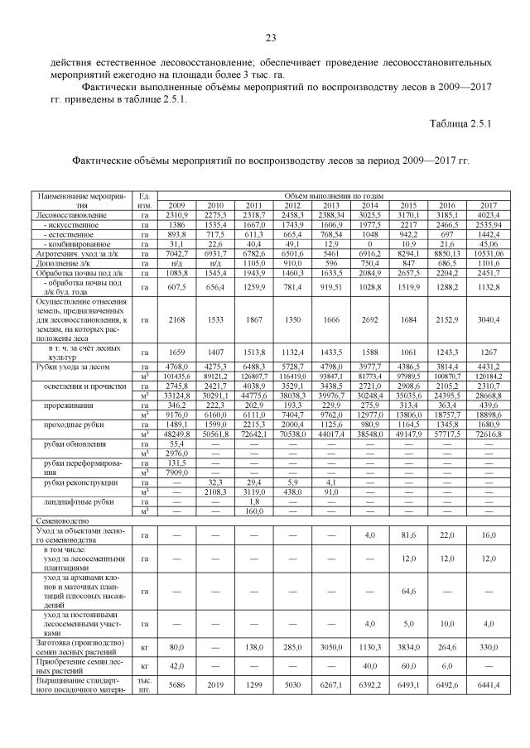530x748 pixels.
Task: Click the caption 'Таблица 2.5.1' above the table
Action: pos(460,124)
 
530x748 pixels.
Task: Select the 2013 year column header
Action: pos(331,205)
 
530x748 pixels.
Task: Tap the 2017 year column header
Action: pos(488,205)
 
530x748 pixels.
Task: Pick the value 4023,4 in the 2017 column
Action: pos(488,214)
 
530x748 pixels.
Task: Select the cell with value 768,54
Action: pos(331,234)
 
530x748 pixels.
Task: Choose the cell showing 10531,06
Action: pos(488,254)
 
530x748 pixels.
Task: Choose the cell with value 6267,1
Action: pos(331,685)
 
